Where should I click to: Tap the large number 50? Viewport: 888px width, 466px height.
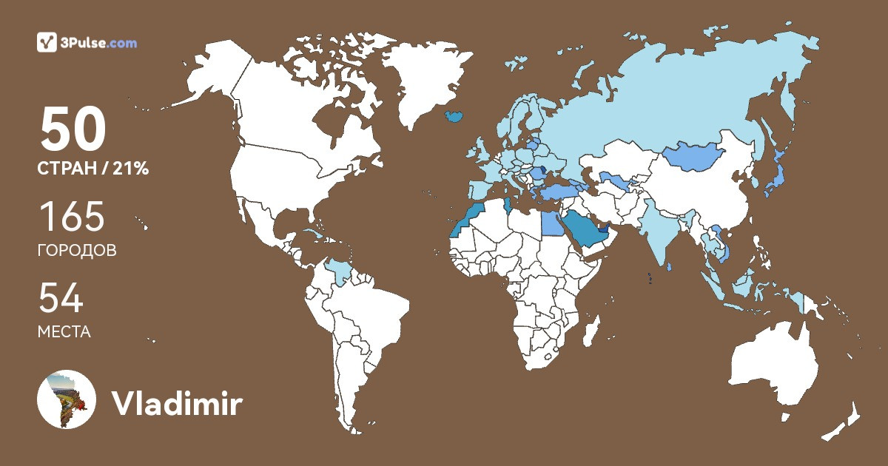pyautogui.click(x=73, y=129)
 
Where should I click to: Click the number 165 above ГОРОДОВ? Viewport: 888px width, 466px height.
pyautogui.click(x=72, y=217)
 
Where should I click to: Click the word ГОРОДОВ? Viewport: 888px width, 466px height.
pyautogui.click(x=76, y=251)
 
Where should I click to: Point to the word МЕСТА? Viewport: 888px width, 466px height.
pyautogui.click(x=64, y=332)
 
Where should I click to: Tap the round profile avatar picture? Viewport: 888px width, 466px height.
pyautogui.click(x=67, y=399)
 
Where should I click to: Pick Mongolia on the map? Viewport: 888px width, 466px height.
pyautogui.click(x=692, y=155)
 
